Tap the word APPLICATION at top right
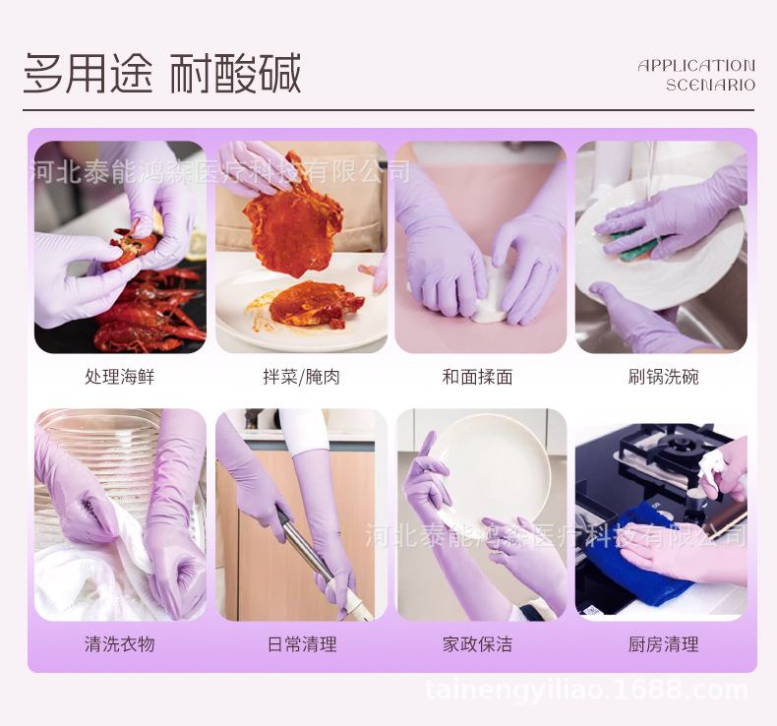tap(696, 66)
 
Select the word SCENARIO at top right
tap(710, 86)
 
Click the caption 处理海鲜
tap(119, 377)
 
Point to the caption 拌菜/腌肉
tap(301, 377)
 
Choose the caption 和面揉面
tap(478, 377)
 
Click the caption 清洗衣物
tap(119, 644)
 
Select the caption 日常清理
tap(301, 644)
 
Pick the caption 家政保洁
tap(478, 644)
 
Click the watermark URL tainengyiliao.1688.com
tap(585, 691)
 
